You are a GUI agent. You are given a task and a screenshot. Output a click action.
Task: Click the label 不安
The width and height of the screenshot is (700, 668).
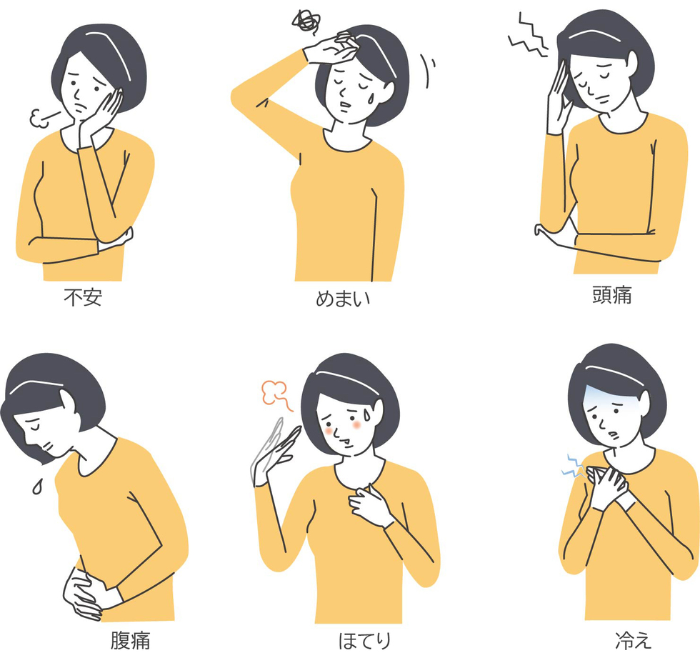(x=83, y=297)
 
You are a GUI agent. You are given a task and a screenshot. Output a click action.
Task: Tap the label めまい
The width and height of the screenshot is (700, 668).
(x=343, y=298)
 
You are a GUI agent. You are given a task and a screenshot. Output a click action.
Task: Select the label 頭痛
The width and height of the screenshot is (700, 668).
(x=611, y=295)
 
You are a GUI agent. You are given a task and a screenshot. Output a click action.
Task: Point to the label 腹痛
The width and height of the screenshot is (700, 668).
(x=130, y=640)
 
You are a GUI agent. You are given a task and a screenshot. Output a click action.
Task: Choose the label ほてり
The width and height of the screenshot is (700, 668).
(x=364, y=641)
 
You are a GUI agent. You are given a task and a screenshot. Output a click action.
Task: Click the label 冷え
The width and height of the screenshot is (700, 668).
(x=634, y=640)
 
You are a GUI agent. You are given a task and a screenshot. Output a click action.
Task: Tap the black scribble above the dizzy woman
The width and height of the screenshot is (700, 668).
(x=306, y=21)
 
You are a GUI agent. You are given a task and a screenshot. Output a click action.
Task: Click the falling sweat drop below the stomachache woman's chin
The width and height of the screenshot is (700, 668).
(x=37, y=487)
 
